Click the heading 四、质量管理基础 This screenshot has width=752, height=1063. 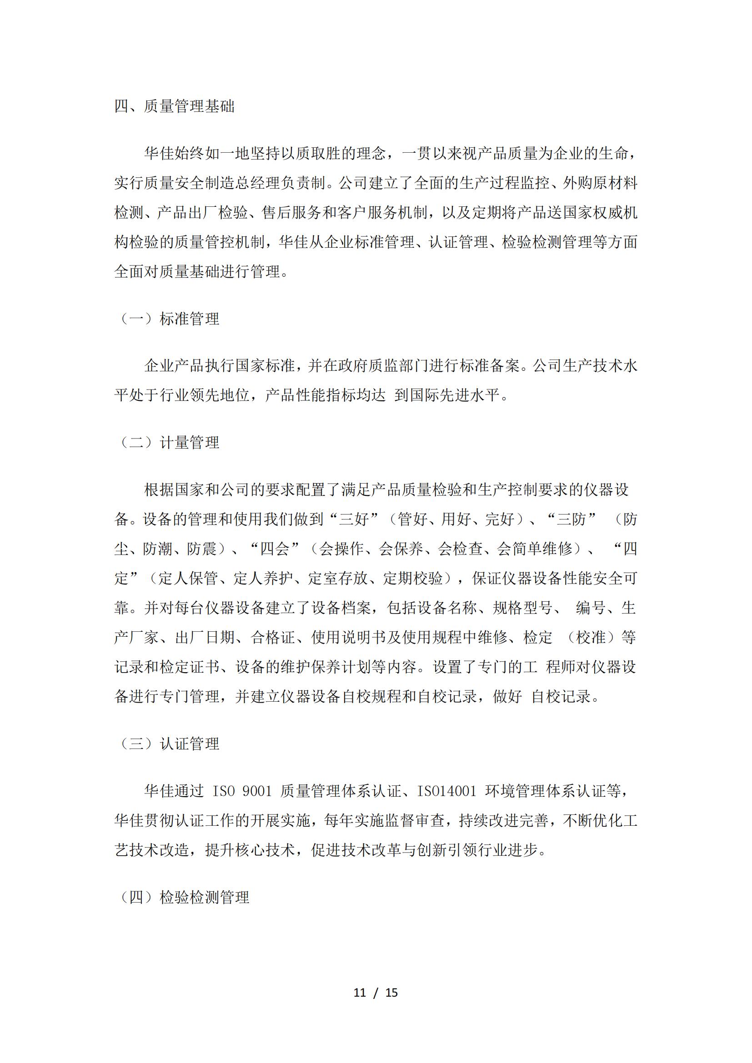coord(175,107)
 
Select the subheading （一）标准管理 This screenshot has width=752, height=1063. coord(167,319)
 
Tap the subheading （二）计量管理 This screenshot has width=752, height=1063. coord(167,443)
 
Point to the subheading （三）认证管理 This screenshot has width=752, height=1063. coord(167,744)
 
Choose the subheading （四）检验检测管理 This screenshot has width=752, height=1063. coord(182,898)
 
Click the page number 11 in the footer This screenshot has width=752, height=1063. coord(360,993)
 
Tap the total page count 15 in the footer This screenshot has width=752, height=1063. coord(392,993)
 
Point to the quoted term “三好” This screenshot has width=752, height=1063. coord(354,519)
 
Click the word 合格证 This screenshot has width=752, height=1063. coord(273,638)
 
